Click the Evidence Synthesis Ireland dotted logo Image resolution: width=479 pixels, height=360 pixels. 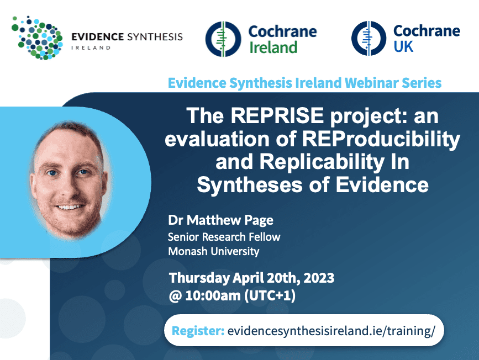[37, 38]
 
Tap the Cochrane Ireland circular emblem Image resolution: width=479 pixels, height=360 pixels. [223, 39]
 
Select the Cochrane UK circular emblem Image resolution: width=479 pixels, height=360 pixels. [369, 38]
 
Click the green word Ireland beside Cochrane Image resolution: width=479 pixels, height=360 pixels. [273, 47]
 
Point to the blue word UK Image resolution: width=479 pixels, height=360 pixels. [403, 47]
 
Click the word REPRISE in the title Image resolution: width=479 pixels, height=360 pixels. [277, 116]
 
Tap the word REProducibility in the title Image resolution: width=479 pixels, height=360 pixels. [381, 139]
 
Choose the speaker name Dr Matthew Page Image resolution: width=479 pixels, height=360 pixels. [220, 220]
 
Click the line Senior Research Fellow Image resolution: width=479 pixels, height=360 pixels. [224, 237]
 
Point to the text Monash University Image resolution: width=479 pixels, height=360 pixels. [214, 251]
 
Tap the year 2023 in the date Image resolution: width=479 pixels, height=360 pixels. [319, 278]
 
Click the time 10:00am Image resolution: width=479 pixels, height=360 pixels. [213, 295]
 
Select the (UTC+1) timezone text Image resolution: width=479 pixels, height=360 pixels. [270, 295]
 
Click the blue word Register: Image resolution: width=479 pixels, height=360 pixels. [198, 331]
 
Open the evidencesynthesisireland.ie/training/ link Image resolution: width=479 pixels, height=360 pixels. [331, 331]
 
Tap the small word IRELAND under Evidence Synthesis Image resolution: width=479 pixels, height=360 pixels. [91, 47]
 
